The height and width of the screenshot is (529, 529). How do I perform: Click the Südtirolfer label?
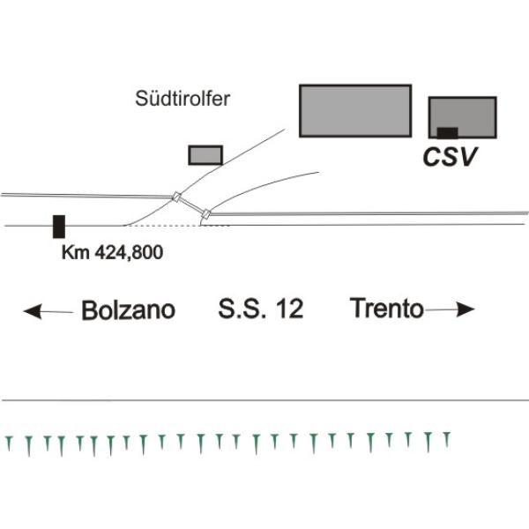(x=183, y=97)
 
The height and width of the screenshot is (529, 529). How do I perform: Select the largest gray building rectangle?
(x=355, y=110)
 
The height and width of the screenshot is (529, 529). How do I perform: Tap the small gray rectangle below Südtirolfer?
(x=205, y=156)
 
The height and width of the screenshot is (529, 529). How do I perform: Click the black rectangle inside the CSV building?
(x=448, y=132)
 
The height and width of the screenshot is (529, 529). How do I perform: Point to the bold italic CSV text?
(x=450, y=158)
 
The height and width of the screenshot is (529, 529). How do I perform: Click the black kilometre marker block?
(x=58, y=226)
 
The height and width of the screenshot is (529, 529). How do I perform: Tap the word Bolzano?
(x=128, y=310)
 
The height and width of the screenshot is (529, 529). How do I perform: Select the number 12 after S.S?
(x=287, y=310)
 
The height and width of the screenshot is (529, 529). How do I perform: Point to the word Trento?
(x=386, y=309)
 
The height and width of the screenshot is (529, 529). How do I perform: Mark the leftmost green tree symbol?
(x=10, y=443)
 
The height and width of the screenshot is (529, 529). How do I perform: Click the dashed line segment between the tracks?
(x=163, y=226)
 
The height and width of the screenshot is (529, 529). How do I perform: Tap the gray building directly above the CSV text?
(x=462, y=117)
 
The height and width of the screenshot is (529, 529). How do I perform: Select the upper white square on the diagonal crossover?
(x=176, y=197)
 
